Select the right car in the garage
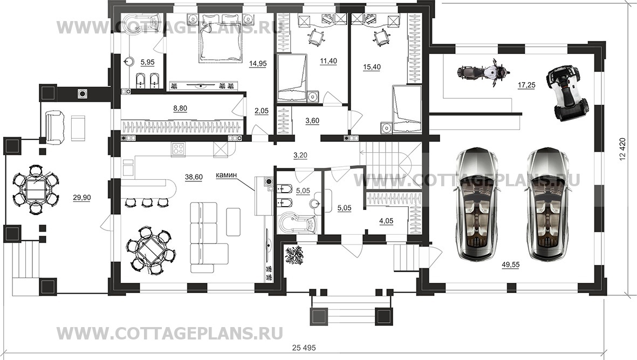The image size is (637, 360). pyautogui.click(x=547, y=203)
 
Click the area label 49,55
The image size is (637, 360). pyautogui.click(x=510, y=266)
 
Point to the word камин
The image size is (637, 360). pyautogui.click(x=227, y=175)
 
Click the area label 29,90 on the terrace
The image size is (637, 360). pyautogui.click(x=82, y=198)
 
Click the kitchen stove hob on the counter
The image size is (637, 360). pyautogui.click(x=179, y=148)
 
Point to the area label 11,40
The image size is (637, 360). pyautogui.click(x=328, y=61)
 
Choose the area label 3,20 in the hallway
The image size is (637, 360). pyautogui.click(x=300, y=155)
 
